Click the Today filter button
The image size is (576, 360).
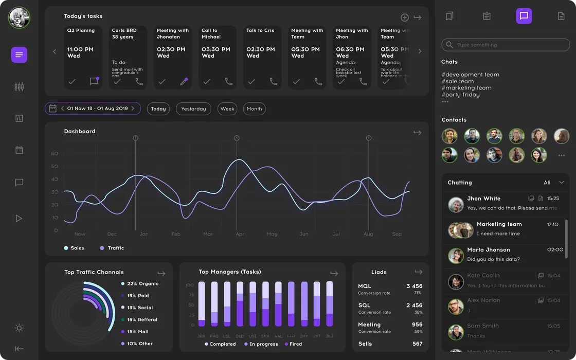158,109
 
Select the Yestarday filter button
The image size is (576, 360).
193,109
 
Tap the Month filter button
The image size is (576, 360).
254,109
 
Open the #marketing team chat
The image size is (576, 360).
466,88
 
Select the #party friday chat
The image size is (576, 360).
460,95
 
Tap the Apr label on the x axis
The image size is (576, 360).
240,234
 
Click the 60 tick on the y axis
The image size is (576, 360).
55,154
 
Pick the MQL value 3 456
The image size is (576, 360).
414,286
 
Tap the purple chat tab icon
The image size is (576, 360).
524,16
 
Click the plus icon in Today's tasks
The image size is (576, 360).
405,17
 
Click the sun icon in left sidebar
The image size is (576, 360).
19,328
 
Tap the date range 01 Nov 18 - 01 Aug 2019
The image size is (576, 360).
98,109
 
